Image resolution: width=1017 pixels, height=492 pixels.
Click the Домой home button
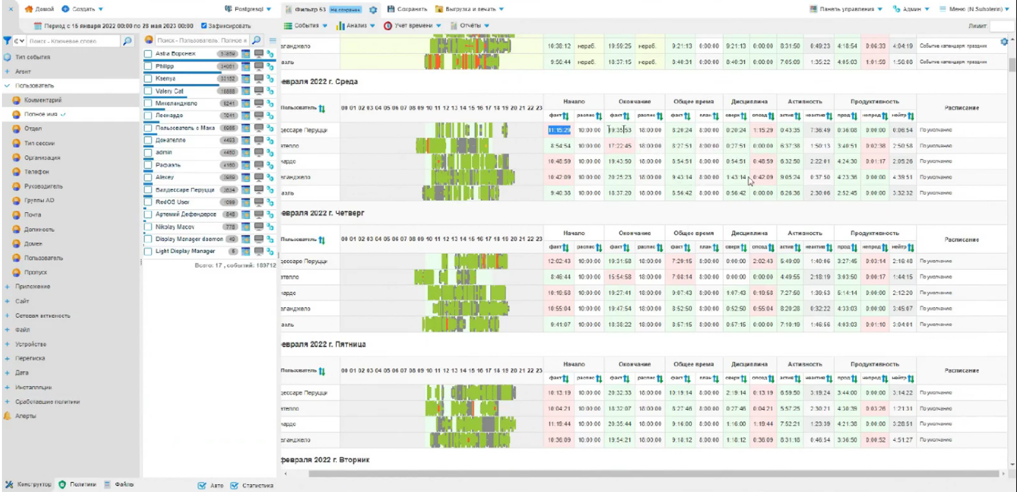click(x=39, y=9)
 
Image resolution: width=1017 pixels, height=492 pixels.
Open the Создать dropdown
click(x=82, y=9)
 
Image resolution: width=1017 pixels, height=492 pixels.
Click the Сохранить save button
click(x=407, y=9)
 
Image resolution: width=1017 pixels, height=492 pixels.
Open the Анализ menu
click(x=355, y=26)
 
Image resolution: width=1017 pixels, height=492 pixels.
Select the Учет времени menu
click(x=412, y=26)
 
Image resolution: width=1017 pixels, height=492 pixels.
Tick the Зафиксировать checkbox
click(x=204, y=26)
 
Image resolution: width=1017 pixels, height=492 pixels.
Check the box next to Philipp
click(x=148, y=66)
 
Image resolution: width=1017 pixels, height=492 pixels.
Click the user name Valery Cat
click(x=170, y=91)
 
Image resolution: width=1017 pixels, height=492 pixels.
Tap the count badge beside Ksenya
click(x=228, y=79)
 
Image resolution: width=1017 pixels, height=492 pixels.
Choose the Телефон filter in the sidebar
click(x=36, y=172)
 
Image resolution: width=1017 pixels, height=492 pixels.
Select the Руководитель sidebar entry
click(x=43, y=186)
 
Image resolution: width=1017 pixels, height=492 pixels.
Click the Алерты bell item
click(x=25, y=416)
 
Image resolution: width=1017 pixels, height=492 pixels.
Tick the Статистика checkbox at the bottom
click(x=234, y=486)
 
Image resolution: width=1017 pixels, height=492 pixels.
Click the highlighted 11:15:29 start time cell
click(x=559, y=130)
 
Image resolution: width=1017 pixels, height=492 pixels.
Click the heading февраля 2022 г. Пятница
click(x=324, y=344)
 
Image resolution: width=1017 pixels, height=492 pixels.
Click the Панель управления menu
click(x=846, y=9)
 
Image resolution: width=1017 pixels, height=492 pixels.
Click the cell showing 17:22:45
click(x=620, y=146)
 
